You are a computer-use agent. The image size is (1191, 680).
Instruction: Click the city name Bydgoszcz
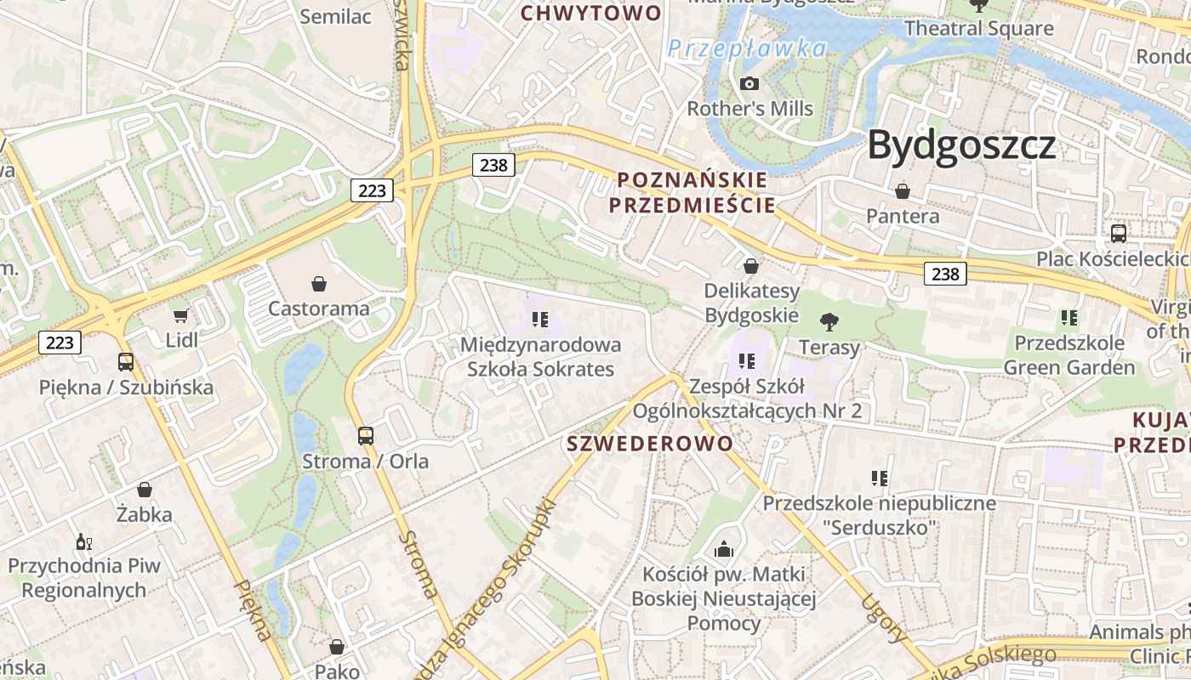coord(961,146)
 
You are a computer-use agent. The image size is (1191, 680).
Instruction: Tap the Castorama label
coord(319,309)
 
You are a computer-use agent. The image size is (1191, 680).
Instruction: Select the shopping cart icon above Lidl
coord(180,316)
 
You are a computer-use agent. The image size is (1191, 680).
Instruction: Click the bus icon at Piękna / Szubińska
coord(126,362)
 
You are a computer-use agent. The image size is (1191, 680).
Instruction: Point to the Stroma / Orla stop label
coord(365,462)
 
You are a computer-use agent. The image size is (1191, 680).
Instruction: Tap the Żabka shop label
coord(145,514)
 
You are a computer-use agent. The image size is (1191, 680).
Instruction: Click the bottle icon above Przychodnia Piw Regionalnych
coord(83,541)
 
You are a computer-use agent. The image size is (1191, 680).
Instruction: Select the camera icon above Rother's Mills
coord(749,83)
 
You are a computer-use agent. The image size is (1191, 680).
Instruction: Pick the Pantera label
coord(903,216)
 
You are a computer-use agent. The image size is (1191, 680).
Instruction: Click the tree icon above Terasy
coord(829,321)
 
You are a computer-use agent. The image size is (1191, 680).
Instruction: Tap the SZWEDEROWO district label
coord(650,443)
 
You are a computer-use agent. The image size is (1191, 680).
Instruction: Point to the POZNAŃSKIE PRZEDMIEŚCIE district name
coord(692,192)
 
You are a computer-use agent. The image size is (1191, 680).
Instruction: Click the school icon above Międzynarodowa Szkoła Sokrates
coord(539,320)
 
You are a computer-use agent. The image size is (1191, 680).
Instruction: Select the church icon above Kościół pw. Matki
coord(724,549)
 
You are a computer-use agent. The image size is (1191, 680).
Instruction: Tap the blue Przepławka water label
coord(747,48)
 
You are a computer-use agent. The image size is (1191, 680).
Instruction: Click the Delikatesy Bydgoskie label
coord(752,303)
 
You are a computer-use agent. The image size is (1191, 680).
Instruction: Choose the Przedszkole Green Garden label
coord(1069,355)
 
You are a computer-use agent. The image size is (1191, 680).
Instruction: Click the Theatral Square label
coord(978,28)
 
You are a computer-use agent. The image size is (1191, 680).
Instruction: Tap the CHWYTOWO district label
coord(590,13)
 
